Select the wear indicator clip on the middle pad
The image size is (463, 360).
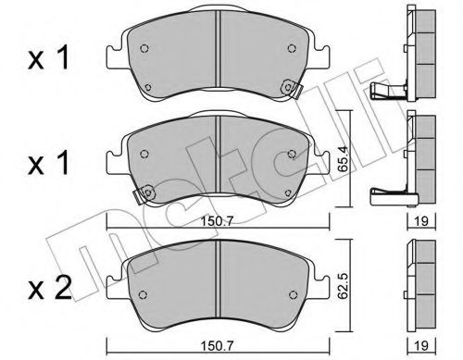click(x=142, y=195)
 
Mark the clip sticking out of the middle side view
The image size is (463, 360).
click(x=389, y=194)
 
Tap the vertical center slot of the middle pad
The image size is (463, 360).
click(x=216, y=157)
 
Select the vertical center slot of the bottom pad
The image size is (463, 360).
click(x=216, y=278)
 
